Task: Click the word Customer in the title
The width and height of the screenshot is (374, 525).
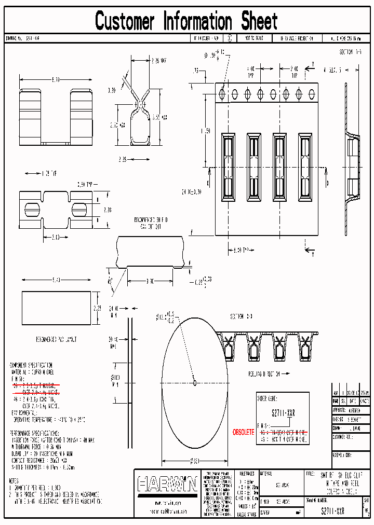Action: [x=125, y=21]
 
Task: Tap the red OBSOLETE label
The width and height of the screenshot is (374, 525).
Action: [x=244, y=432]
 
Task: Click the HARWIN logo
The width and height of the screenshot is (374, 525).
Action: [x=167, y=485]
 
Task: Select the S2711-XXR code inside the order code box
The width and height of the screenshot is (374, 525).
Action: [x=283, y=414]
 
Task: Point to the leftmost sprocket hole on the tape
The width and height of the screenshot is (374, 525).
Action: [x=222, y=94]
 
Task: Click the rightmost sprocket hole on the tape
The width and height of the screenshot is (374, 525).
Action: [x=312, y=94]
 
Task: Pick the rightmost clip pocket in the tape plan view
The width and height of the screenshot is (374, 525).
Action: [x=305, y=167]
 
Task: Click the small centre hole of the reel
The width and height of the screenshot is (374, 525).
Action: [x=195, y=383]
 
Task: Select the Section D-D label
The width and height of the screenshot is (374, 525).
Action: [x=241, y=316]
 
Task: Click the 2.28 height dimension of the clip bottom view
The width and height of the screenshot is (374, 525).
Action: [x=106, y=210]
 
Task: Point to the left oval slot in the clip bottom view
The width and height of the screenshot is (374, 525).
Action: [x=32, y=210]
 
